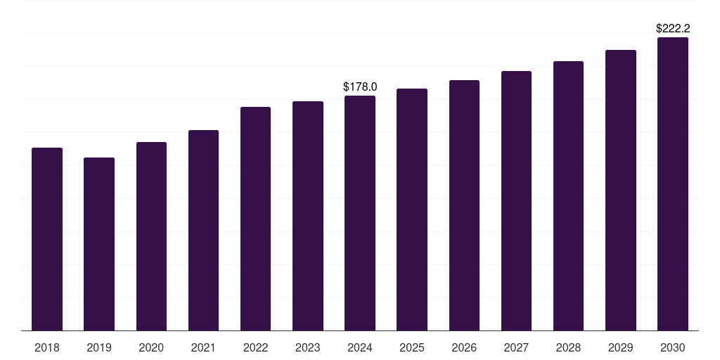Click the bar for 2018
tap(47, 239)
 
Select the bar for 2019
tap(99, 244)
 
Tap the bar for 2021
tap(203, 231)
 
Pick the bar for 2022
tap(255, 219)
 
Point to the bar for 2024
tap(360, 213)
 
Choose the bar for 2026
tap(464, 205)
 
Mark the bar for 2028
tap(568, 196)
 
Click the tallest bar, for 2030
tap(673, 184)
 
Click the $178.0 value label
tap(360, 86)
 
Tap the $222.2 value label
tap(673, 28)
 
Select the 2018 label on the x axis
tap(47, 348)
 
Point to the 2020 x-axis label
tap(151, 348)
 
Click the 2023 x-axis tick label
tap(308, 348)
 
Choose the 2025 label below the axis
tap(412, 348)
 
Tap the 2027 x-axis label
tap(516, 348)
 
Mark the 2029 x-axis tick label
tap(620, 348)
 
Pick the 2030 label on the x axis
tap(673, 348)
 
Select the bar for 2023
tap(308, 216)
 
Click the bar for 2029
tap(621, 191)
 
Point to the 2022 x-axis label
tap(255, 348)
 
